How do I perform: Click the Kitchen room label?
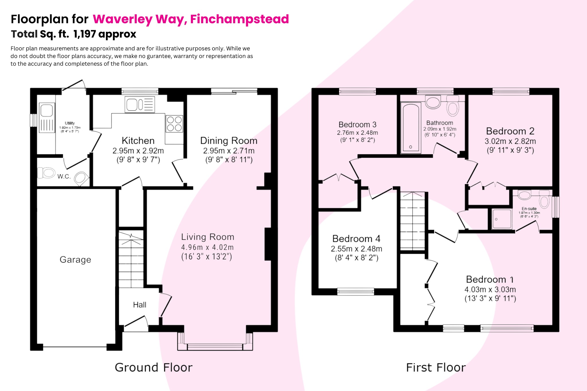(x=138, y=140)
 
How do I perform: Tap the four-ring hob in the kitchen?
(x=174, y=124)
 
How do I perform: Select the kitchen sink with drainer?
(x=140, y=104)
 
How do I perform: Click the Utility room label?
(x=70, y=123)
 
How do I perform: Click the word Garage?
(x=75, y=259)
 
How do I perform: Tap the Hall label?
(x=140, y=305)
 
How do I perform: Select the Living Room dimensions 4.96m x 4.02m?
(x=207, y=247)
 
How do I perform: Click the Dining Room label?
(x=228, y=140)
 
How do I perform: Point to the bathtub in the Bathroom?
(x=411, y=128)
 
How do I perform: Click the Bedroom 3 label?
(x=357, y=124)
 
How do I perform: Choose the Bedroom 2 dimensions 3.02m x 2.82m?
(x=510, y=141)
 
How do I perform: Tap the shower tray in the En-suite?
(x=502, y=219)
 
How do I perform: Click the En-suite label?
(x=529, y=209)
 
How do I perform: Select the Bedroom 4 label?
(x=356, y=238)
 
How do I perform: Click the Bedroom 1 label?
(x=490, y=279)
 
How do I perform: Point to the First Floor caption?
(x=436, y=367)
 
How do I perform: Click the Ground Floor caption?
(x=154, y=367)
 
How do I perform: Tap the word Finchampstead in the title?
(x=239, y=19)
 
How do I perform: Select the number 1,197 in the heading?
(x=85, y=34)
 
